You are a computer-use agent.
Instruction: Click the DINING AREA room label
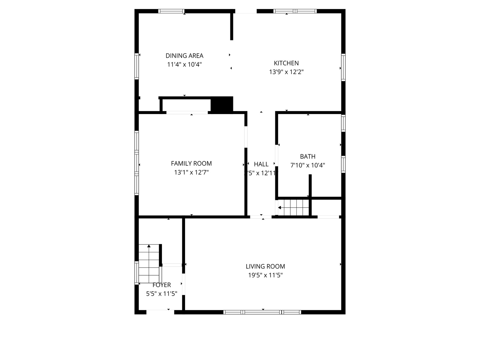click(x=184, y=56)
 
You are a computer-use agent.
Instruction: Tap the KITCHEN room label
click(x=286, y=63)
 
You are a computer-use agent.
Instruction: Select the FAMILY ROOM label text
click(x=191, y=163)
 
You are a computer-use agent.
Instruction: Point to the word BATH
click(x=307, y=156)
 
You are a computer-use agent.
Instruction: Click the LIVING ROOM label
click(x=265, y=266)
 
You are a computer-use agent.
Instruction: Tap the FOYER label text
click(x=162, y=285)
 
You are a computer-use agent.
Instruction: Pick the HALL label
click(x=261, y=164)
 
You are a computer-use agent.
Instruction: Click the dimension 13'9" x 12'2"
click(x=286, y=72)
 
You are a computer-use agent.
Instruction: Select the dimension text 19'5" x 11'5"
click(x=265, y=275)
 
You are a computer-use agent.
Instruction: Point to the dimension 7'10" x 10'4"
click(x=307, y=165)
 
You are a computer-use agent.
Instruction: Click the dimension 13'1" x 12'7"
click(x=191, y=172)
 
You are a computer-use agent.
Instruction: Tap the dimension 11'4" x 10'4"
click(x=184, y=64)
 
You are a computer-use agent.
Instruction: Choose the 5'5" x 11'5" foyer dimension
click(x=162, y=294)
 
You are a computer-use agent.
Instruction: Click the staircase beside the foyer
click(x=149, y=263)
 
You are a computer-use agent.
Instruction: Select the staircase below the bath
click(x=293, y=207)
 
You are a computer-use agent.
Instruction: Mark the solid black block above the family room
click(x=222, y=104)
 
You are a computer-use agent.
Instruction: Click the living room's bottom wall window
click(x=262, y=312)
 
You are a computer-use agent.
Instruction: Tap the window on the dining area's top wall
click(x=171, y=11)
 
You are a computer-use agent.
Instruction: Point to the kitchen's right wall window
click(x=343, y=67)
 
